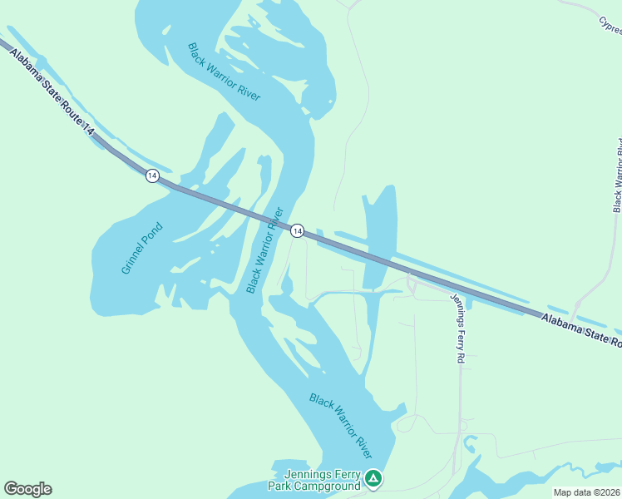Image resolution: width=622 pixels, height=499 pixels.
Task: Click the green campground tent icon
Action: [x=373, y=478]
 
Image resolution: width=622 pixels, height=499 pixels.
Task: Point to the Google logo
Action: [x=27, y=489]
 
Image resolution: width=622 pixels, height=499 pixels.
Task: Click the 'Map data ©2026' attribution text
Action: [x=586, y=492]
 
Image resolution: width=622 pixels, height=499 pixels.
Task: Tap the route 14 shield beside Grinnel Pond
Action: [x=151, y=175]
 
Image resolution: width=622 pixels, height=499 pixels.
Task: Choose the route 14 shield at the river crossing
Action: [x=297, y=230]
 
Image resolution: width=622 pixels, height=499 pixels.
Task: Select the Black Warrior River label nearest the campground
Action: [x=340, y=425]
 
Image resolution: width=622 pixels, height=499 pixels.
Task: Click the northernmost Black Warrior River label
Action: [x=224, y=72]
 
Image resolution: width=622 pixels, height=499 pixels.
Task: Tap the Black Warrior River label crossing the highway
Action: [x=265, y=249]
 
